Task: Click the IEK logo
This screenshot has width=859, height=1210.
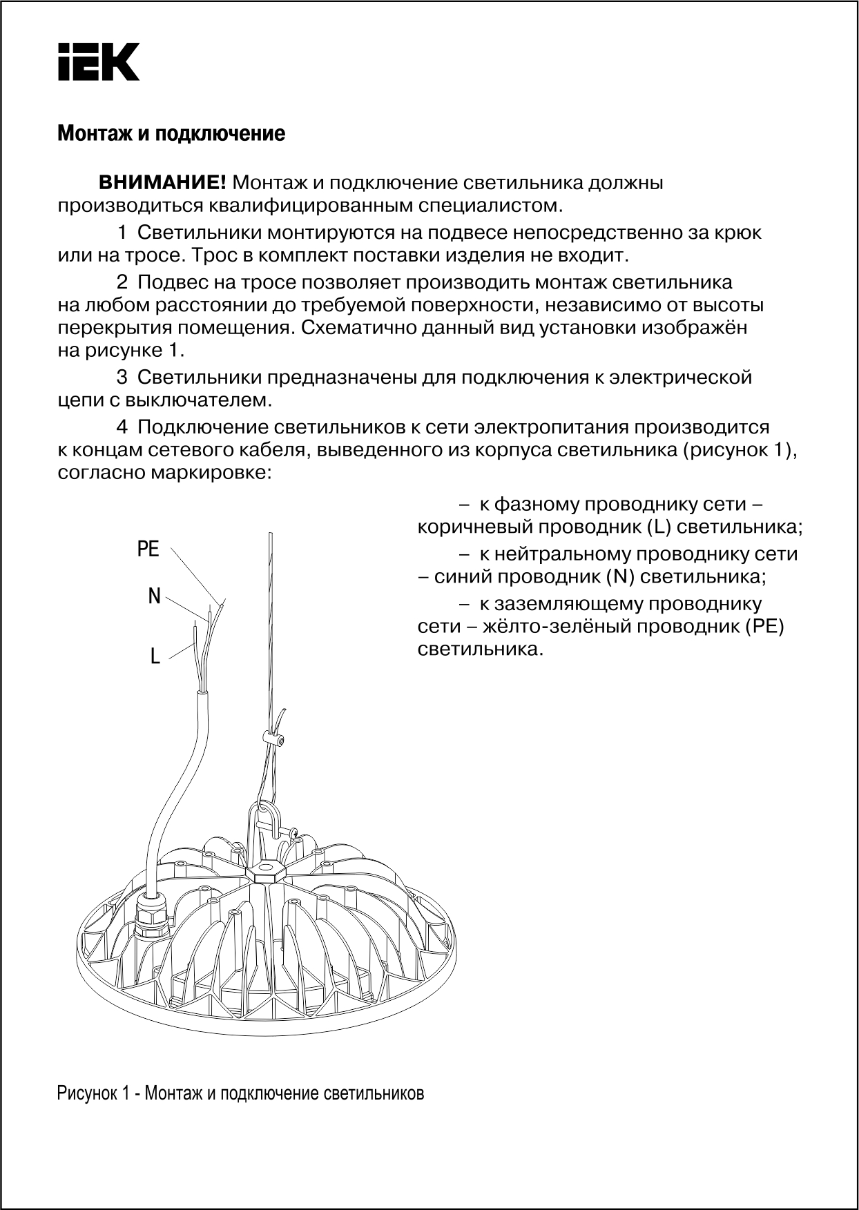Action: coord(98,62)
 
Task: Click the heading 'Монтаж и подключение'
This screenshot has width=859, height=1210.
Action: coord(171,133)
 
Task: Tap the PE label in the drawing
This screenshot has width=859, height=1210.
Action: coord(148,549)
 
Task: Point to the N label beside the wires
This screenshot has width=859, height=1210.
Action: coord(154,596)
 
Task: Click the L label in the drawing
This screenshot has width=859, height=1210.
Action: coord(155,656)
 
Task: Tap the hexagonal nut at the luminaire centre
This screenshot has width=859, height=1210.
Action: coord(265,870)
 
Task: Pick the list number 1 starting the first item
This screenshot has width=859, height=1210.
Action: coord(122,233)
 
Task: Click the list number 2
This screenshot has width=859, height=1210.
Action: coord(122,282)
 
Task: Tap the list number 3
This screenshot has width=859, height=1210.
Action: coord(122,378)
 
